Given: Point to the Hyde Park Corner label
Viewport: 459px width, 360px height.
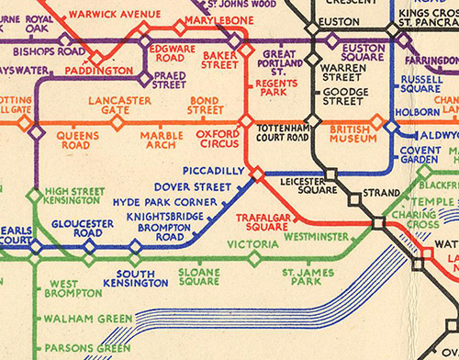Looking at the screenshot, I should (x=152, y=201).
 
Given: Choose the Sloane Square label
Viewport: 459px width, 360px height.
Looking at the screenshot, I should (x=199, y=276).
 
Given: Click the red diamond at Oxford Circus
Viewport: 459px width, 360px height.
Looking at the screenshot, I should (x=245, y=120).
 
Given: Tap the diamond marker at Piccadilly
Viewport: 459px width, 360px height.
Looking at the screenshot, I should (x=258, y=172).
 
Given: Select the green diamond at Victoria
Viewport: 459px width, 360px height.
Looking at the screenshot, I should (x=254, y=258).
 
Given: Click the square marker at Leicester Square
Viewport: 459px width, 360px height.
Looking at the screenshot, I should (x=329, y=173).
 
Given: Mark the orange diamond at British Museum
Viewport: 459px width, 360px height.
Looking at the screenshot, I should (x=375, y=120).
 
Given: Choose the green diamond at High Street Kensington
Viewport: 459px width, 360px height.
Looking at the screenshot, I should (x=34, y=195).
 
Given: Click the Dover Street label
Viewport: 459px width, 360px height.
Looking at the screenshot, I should (x=195, y=186).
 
